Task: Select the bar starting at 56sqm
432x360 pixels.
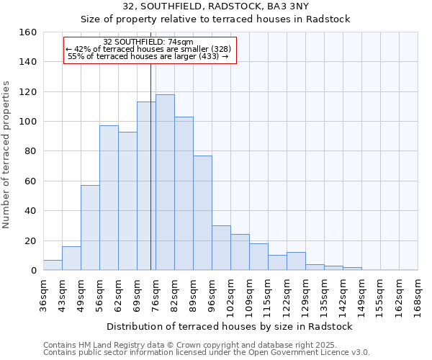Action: [109, 198]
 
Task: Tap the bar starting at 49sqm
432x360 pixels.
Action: [90, 228]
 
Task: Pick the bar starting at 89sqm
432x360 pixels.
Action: [202, 213]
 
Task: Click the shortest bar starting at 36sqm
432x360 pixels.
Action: [53, 265]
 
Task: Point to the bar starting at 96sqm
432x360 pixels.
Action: [221, 248]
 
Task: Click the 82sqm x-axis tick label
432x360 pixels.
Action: [175, 293]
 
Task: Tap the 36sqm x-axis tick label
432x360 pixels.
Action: [44, 293]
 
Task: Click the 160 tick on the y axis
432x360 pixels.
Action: [28, 32]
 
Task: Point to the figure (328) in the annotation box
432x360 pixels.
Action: [220, 49]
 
